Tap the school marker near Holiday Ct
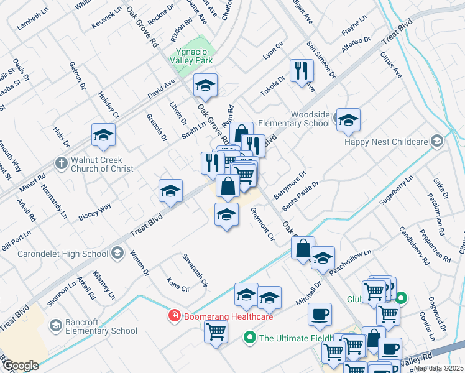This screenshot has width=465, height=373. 104,134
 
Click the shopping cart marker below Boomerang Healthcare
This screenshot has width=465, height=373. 216,332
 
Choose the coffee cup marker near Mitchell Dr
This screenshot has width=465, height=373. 320,315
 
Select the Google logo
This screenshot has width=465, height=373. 20,366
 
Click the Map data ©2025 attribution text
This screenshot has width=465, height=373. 438,368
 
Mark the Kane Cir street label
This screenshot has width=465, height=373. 178,288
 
